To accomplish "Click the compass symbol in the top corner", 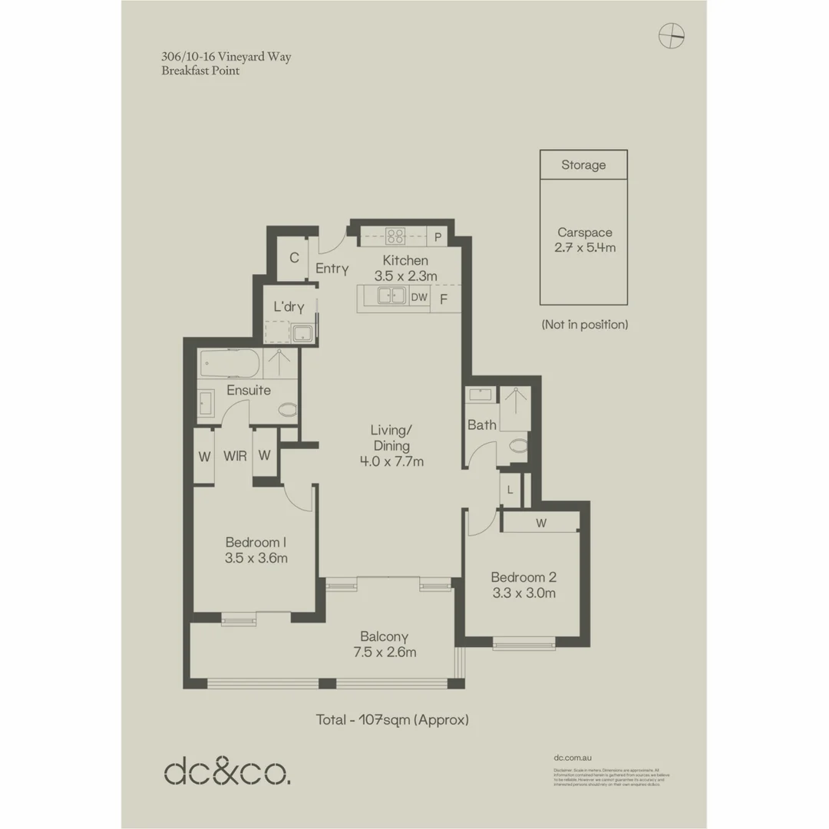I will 672,35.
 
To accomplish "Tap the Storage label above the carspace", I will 583,165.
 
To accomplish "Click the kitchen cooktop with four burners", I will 395,236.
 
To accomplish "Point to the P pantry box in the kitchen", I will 438,237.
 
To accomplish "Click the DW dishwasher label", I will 419,297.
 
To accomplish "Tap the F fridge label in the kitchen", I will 444,299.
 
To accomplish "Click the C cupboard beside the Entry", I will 293,258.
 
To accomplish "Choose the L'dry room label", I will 289,308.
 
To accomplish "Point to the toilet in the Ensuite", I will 286,410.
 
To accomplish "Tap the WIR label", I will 235,456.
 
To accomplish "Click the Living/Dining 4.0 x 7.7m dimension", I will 391,461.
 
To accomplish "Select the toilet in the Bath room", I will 518,445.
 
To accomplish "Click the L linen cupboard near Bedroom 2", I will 510,490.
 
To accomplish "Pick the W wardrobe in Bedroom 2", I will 540,523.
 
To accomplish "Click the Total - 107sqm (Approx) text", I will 392,720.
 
